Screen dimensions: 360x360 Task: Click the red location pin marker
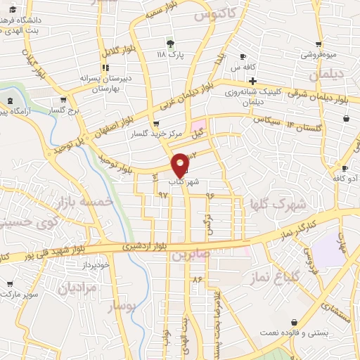pyautogui.click(x=181, y=163)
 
